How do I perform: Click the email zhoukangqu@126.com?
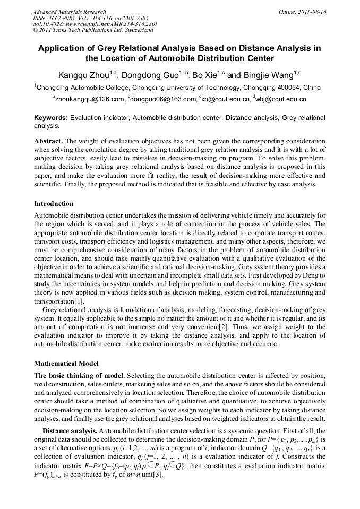tap(89, 99)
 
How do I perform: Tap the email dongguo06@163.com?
tap(162, 99)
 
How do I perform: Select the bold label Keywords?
tap(51, 118)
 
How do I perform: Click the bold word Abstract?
tap(49, 141)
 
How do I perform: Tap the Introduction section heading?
tap(54, 204)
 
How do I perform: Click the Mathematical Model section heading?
tap(66, 364)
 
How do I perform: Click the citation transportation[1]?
tap(59, 300)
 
